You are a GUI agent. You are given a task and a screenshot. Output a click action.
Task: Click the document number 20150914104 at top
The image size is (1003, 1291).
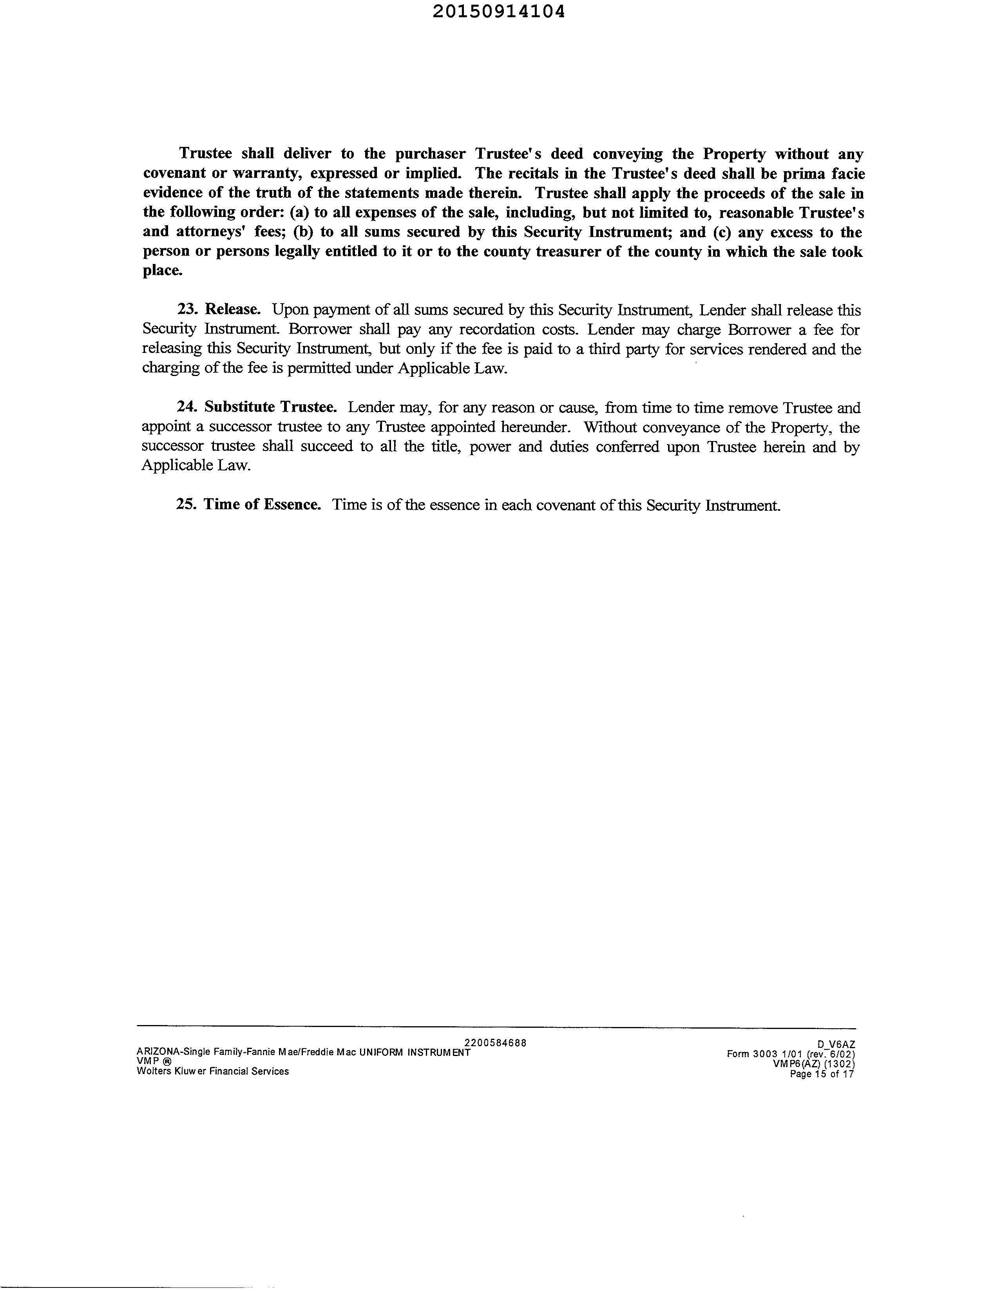(498, 12)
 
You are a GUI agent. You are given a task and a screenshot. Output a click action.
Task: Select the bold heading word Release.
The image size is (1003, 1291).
(232, 310)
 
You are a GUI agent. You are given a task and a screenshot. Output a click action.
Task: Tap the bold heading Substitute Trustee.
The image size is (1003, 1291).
(270, 407)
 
